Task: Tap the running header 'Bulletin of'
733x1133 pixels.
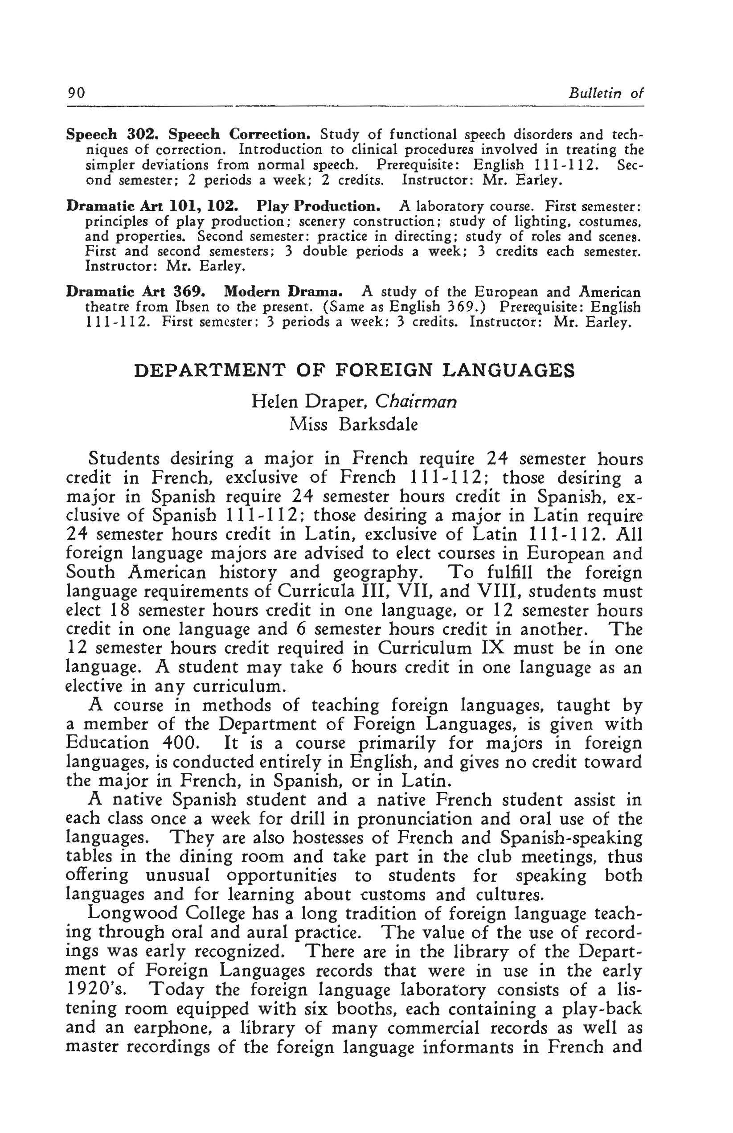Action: pyautogui.click(x=606, y=93)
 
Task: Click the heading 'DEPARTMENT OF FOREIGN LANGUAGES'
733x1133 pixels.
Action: pyautogui.click(x=354, y=370)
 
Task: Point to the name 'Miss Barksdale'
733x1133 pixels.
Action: pyautogui.click(x=353, y=424)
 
